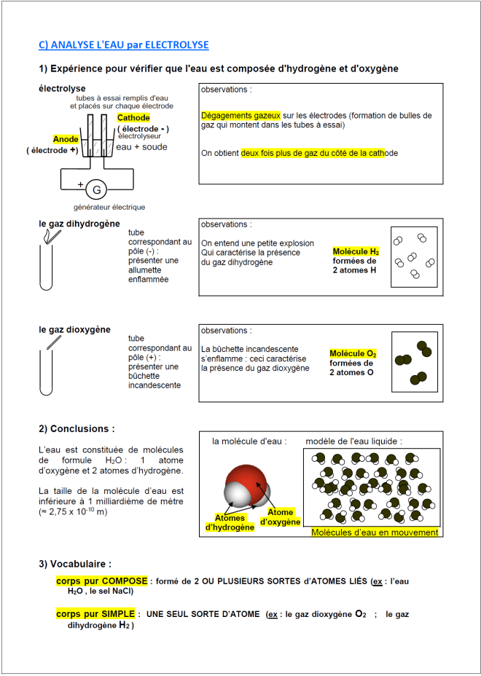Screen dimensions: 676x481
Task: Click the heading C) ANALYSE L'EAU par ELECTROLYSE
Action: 123,45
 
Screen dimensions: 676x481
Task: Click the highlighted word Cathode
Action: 133,117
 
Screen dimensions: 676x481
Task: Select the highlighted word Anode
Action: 66,139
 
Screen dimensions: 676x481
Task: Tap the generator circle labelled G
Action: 95,190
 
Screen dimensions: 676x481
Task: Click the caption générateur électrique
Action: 109,208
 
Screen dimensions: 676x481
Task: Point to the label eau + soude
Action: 141,147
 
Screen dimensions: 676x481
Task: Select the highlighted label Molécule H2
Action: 356,251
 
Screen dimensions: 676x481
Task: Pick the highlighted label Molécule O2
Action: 353,353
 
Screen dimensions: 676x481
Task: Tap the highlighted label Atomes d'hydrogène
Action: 230,522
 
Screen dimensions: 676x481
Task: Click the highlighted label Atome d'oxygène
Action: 280,517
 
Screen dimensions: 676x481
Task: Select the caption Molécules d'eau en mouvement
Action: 375,532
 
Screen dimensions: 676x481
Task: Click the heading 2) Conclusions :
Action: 77,429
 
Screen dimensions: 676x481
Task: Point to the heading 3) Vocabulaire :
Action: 75,564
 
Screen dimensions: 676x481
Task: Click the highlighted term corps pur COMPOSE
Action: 102,581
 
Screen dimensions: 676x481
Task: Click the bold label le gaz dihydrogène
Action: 79,224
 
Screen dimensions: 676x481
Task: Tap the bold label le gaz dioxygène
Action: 74,329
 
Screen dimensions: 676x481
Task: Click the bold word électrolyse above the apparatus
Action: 62,88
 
